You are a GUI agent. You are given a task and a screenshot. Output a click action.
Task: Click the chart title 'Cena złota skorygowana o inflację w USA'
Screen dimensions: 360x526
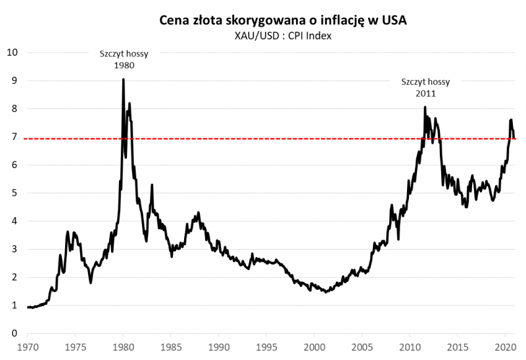point(283,20)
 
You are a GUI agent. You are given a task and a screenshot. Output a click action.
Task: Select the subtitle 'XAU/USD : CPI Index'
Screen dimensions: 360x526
point(283,35)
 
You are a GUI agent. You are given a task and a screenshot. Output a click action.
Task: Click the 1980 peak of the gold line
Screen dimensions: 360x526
point(123,80)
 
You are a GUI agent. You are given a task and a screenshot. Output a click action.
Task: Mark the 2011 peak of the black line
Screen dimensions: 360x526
point(425,107)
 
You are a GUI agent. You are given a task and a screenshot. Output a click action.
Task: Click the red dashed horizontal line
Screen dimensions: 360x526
point(263,139)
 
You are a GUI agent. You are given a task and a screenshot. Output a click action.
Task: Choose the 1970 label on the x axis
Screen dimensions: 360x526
point(28,346)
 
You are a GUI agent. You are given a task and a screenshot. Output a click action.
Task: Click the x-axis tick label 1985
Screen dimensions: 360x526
point(171,346)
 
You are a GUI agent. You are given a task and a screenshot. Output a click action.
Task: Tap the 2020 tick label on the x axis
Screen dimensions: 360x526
point(505,346)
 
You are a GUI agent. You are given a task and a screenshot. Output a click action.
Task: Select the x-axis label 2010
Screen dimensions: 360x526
point(410,346)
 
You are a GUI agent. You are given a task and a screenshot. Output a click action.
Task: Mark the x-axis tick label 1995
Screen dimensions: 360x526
point(266,346)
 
